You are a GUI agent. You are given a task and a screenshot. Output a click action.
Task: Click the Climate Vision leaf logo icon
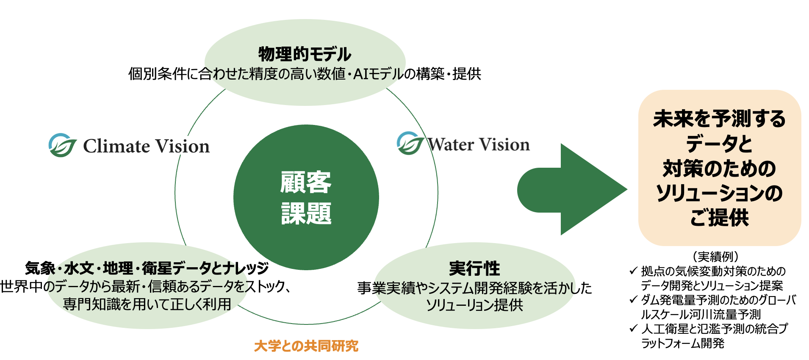62,145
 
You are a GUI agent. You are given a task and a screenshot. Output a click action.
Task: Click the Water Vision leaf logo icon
410,144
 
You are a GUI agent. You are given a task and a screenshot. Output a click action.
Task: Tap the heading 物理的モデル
305,54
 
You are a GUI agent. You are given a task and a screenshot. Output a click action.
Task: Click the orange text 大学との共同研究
306,346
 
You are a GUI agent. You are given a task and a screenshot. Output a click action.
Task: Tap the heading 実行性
474,269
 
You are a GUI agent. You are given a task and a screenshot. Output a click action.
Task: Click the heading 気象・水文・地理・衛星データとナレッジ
147,268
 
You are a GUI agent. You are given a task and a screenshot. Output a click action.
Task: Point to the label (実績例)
716,257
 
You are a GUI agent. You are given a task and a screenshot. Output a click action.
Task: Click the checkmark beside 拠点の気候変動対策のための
633,270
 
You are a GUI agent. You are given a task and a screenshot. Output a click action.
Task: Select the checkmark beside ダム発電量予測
633,299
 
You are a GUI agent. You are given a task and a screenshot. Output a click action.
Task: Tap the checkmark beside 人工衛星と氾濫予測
633,328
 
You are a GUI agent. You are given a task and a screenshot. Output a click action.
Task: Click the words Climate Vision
146,146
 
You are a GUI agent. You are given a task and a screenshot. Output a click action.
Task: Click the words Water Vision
479,145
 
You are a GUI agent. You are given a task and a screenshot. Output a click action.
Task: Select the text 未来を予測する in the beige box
719,119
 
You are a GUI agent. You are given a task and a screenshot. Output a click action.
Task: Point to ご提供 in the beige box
719,218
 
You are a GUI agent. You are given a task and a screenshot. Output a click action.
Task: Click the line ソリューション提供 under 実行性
474,305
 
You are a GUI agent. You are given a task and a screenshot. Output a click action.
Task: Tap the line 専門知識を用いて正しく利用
147,304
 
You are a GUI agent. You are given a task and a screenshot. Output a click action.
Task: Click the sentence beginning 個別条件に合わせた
305,74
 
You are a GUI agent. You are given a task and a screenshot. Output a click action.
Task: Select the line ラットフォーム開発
682,343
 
